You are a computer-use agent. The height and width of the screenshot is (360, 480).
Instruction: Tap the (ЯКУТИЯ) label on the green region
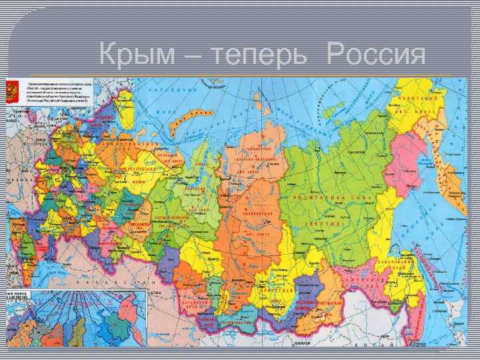pyautogui.click(x=325, y=225)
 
